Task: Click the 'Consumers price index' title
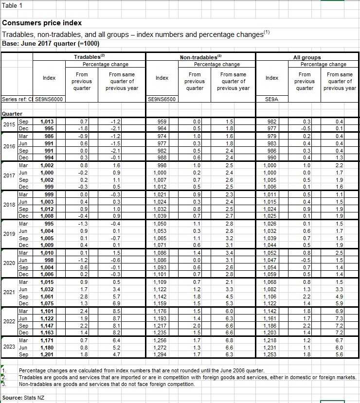click(x=42, y=23)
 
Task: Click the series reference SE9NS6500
click(x=162, y=99)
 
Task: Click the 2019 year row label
click(x=9, y=234)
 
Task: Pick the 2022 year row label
click(x=9, y=321)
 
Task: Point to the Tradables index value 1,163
click(x=47, y=333)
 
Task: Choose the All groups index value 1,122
click(x=271, y=303)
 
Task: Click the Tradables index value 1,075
click(x=47, y=303)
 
